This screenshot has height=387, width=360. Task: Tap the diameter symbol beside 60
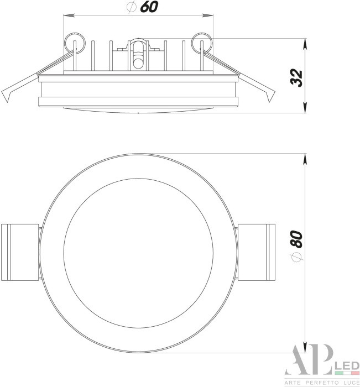pos(131,8)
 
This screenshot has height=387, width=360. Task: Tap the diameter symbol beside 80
pos(297,258)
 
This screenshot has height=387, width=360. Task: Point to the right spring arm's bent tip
pos(270,97)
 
